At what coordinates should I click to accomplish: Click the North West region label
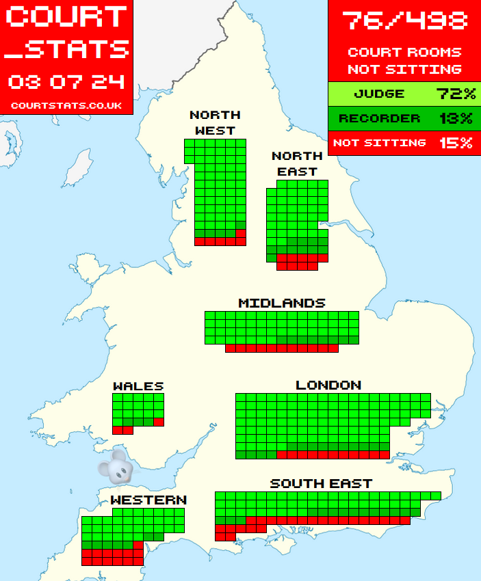coord(215,122)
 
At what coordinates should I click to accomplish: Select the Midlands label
coord(282,303)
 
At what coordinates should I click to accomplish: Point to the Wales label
coord(138,386)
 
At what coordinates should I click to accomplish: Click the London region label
coord(328,386)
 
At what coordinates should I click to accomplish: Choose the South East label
coord(321,483)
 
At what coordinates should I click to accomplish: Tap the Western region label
coord(148,500)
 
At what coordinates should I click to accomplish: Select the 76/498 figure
coord(404,21)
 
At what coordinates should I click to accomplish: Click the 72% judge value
coord(455,94)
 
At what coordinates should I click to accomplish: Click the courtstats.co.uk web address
coord(66,106)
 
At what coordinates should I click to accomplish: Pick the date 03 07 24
coord(66,82)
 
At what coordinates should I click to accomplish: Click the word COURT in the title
coord(67,17)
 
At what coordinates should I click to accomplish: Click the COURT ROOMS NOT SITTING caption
coord(404,60)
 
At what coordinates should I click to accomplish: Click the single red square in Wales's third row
coord(159,422)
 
